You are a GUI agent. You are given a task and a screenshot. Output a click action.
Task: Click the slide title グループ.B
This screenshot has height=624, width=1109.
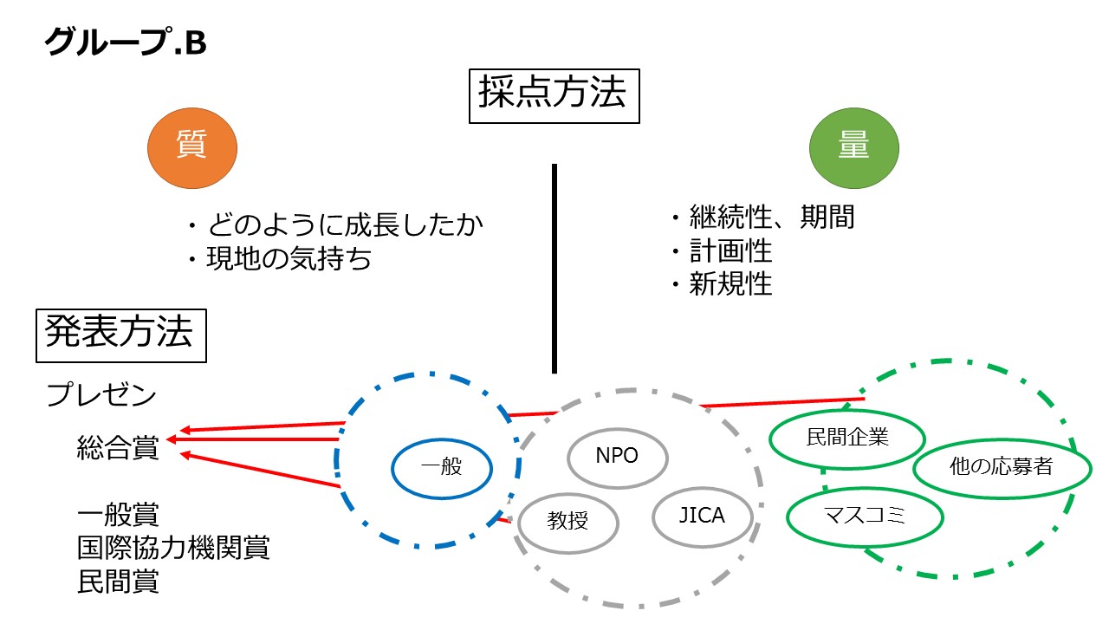(126, 42)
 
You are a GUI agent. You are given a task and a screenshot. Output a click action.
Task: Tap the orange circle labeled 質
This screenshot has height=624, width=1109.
(192, 146)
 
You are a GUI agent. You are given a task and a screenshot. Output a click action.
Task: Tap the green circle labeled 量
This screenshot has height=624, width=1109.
(853, 147)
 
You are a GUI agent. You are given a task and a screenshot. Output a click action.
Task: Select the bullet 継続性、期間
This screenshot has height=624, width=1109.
(762, 217)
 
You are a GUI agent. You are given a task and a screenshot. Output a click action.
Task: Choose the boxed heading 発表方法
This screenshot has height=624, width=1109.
(121, 334)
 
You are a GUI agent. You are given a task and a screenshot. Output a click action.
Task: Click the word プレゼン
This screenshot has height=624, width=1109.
(101, 395)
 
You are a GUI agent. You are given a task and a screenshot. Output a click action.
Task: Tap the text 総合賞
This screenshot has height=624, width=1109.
(118, 448)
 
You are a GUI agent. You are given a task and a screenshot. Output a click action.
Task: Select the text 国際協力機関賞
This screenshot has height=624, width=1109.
(173, 548)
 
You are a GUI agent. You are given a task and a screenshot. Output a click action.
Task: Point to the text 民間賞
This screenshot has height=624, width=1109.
(118, 581)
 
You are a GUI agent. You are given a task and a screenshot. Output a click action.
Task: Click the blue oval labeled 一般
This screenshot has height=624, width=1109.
(442, 468)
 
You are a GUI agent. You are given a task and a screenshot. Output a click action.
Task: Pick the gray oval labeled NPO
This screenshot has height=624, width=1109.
(617, 456)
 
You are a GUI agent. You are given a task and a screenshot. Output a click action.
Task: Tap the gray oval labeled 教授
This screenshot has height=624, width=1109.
(568, 522)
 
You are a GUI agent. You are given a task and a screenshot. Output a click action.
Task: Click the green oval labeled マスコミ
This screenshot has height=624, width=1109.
(863, 517)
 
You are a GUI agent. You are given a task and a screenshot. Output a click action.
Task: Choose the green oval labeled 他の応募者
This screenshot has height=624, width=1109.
(1001, 467)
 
